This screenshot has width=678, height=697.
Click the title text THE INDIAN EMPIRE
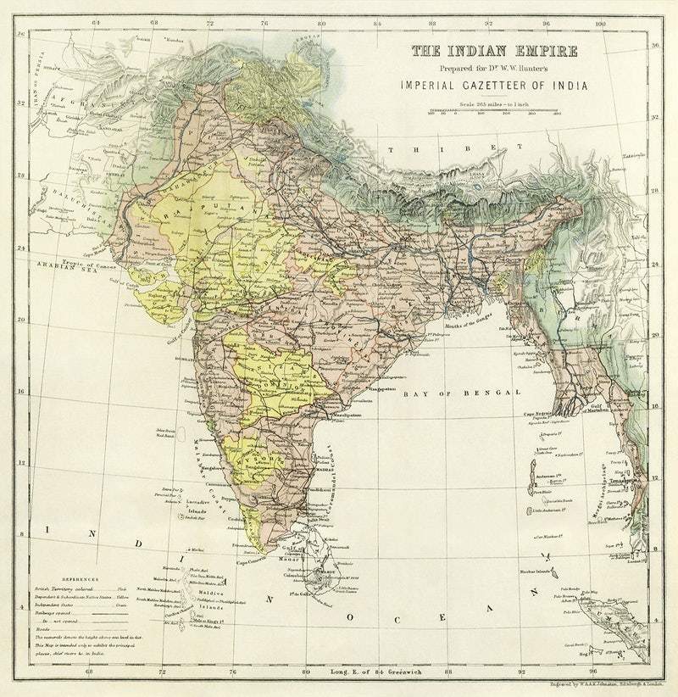[495, 51]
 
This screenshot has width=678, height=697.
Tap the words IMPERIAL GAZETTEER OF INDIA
[495, 85]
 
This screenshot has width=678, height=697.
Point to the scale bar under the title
[494, 111]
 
